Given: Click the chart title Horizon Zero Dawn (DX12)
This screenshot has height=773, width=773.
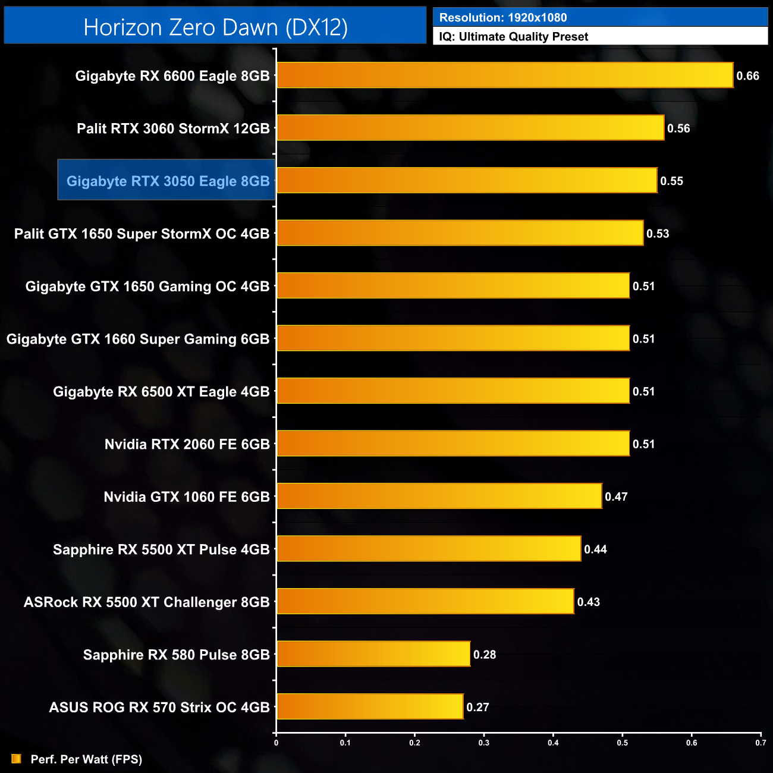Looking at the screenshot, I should [215, 27].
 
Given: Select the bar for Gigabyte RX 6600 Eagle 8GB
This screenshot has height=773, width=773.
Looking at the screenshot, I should [505, 76].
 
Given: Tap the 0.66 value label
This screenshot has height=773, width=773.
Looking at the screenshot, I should [747, 76].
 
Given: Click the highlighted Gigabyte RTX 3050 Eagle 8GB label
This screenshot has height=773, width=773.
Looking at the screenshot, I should [168, 181].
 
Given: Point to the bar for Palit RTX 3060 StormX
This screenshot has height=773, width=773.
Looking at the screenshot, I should [470, 128].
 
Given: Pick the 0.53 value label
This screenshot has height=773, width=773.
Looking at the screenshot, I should [658, 234].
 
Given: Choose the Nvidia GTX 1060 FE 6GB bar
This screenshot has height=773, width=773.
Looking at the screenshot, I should [439, 496].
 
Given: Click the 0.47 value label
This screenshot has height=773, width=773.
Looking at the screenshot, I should [616, 497].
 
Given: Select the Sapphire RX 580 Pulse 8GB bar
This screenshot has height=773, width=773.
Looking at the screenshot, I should [373, 654].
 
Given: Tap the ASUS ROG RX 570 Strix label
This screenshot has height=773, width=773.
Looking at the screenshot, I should [159, 707].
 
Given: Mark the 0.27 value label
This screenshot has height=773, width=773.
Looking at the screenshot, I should [477, 707].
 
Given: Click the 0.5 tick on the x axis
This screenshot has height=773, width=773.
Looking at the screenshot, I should [623, 743].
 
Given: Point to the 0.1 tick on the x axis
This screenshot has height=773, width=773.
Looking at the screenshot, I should [345, 743].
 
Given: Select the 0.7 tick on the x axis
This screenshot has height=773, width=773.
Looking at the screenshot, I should [761, 743].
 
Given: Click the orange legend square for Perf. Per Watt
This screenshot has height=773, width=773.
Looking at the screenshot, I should [16, 759].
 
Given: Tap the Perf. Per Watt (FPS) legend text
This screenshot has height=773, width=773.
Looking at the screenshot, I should [86, 759].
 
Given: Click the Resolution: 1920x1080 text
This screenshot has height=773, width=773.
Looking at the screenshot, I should [503, 18].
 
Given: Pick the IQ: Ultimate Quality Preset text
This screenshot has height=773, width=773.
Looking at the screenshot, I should [514, 37].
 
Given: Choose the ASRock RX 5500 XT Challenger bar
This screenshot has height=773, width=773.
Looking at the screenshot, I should [425, 601].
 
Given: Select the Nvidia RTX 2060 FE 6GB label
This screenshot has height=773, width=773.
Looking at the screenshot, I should [187, 444].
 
